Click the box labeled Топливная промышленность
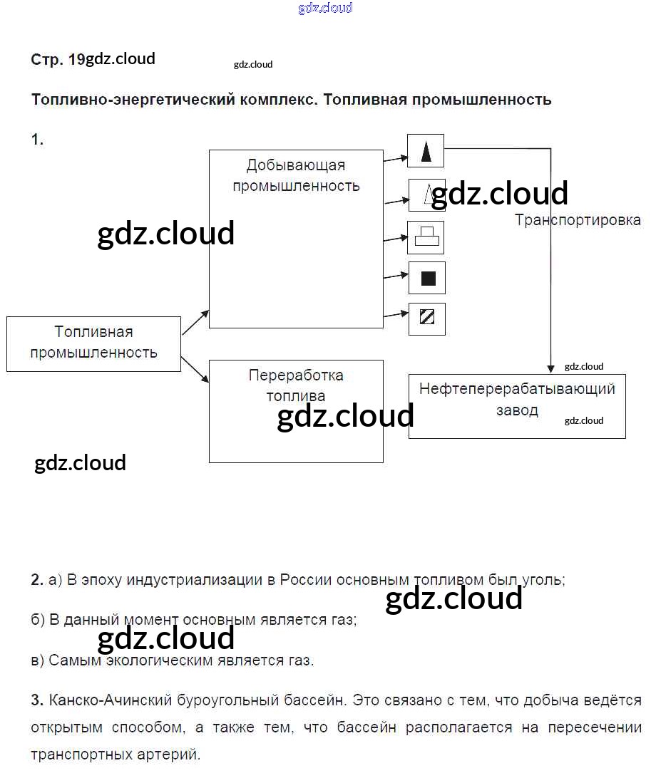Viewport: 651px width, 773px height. point(93,343)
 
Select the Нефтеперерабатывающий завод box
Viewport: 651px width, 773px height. point(517,406)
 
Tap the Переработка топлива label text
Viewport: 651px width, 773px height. point(296,385)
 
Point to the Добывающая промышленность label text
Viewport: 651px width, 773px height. point(296,175)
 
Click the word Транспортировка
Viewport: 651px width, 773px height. point(578,220)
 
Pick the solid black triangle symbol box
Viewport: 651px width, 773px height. point(426,151)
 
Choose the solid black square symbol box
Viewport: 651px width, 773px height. point(426,278)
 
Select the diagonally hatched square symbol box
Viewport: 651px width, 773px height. point(426,318)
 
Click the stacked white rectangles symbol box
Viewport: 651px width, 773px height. point(426,237)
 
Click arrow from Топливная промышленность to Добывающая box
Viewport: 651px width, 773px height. point(195,323)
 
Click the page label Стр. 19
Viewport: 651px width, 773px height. point(58,60)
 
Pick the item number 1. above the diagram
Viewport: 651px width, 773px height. point(37,140)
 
